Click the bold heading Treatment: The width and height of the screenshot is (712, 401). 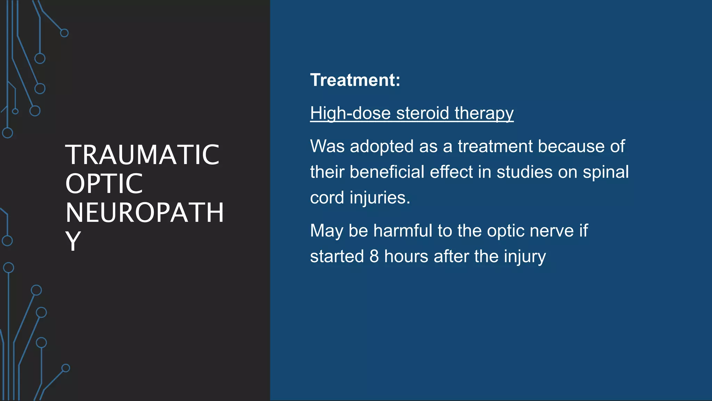[x=355, y=80]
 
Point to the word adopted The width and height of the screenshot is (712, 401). [x=381, y=146]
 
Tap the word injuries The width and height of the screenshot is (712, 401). [x=380, y=198]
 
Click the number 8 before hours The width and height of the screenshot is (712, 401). [x=374, y=257]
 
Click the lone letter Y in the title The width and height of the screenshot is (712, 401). [x=73, y=241]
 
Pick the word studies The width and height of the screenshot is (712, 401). [x=524, y=172]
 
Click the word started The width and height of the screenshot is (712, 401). [x=337, y=257]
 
